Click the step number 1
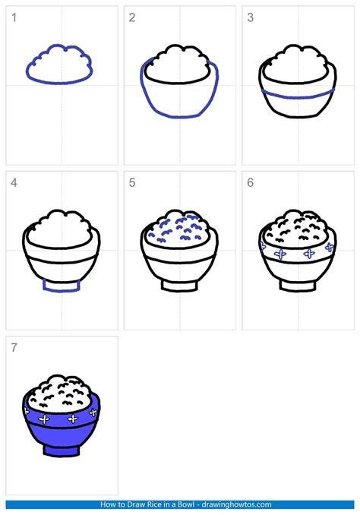pyautogui.click(x=14, y=17)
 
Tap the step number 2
pyautogui.click(x=132, y=17)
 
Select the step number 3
pyautogui.click(x=251, y=17)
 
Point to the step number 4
pyautogui.click(x=14, y=182)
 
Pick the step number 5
pyautogui.click(x=132, y=182)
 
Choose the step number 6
pyautogui.click(x=251, y=182)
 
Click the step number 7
pyautogui.click(x=14, y=347)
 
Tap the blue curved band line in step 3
pyautogui.click(x=298, y=97)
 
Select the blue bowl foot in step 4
pyautogui.click(x=62, y=290)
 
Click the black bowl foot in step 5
pyautogui.click(x=180, y=290)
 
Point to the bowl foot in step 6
pyautogui.click(x=298, y=290)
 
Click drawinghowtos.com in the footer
pyautogui.click(x=237, y=504)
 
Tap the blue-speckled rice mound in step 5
pyautogui.click(x=179, y=229)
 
